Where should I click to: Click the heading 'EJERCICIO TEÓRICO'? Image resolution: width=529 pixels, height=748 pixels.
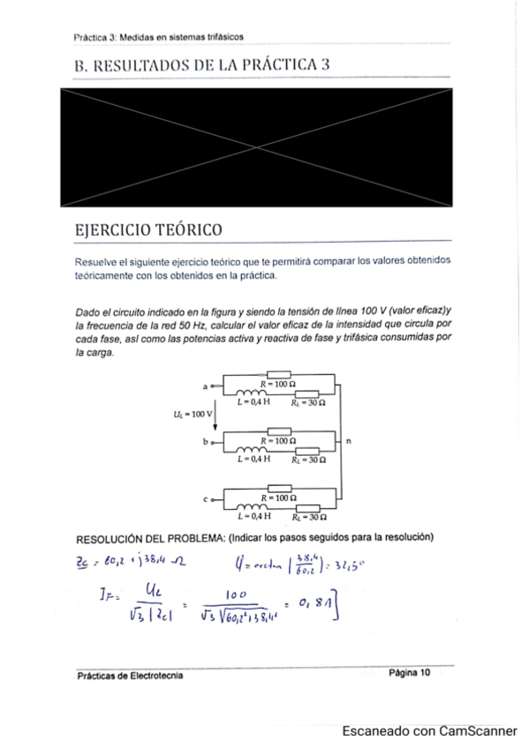point(147,230)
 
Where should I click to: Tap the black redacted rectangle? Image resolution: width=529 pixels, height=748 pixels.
point(255,146)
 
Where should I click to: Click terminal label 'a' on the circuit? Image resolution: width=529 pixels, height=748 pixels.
point(206,386)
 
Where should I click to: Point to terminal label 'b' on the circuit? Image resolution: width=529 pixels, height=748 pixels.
point(206,442)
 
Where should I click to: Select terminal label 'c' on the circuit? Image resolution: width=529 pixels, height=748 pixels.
point(206,498)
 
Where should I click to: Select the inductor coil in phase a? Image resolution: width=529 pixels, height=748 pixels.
point(253,394)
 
